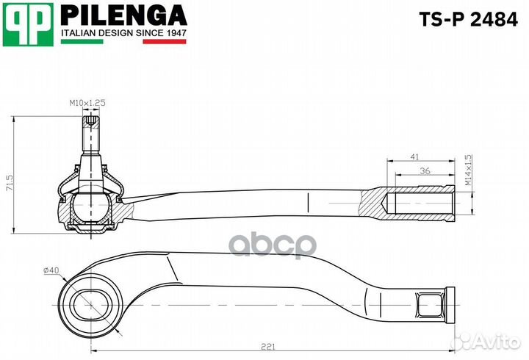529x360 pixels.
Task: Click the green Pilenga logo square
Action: pyautogui.click(x=28, y=24)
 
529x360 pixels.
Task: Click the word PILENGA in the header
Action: pyautogui.click(x=123, y=15)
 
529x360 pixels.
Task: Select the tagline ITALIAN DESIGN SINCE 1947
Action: pyautogui.click(x=123, y=33)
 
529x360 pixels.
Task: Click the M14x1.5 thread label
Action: pyautogui.click(x=468, y=170)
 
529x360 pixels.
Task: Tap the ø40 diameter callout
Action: pyautogui.click(x=51, y=270)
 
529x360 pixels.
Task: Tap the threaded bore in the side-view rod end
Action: pyautogui.click(x=419, y=201)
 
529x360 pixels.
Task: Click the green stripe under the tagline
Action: pyautogui.click(x=81, y=42)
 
